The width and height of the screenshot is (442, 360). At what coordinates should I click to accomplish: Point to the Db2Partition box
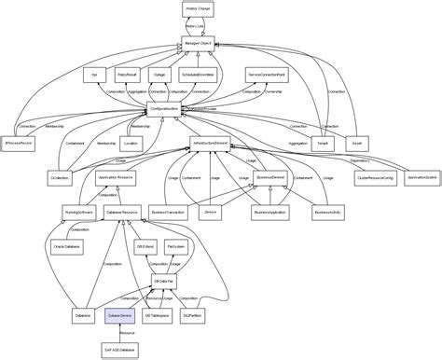point(192,317)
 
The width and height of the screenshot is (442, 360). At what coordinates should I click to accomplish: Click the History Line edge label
point(195,26)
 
